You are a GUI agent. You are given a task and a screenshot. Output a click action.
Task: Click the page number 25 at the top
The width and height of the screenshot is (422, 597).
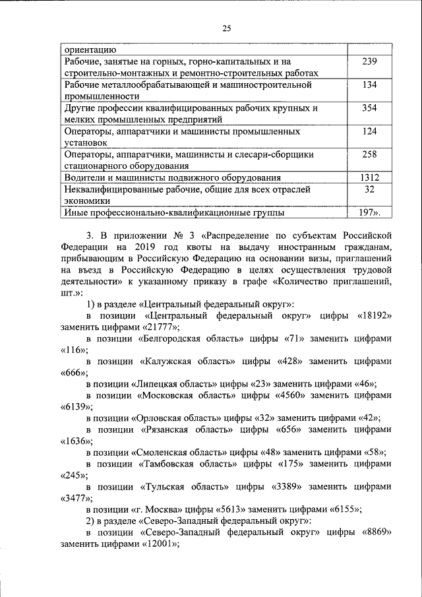(x=226, y=28)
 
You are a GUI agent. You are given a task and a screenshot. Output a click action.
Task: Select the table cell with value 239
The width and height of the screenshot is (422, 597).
(x=370, y=61)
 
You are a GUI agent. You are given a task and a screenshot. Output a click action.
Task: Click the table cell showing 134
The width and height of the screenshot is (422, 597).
(x=370, y=84)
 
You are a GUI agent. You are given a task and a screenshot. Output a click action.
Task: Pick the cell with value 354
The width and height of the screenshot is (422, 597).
(x=370, y=108)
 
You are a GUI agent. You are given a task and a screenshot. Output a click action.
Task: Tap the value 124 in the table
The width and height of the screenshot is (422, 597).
(x=370, y=131)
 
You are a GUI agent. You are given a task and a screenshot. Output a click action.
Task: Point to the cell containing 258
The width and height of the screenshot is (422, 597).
(x=370, y=154)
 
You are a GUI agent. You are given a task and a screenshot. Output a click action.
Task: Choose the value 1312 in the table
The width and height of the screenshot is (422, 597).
(x=370, y=177)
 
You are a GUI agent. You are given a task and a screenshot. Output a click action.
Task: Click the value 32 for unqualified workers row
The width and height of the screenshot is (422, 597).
(x=370, y=189)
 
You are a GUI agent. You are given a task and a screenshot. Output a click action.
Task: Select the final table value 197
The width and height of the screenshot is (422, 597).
(x=369, y=212)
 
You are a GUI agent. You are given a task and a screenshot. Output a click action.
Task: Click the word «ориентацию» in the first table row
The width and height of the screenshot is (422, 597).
(x=91, y=49)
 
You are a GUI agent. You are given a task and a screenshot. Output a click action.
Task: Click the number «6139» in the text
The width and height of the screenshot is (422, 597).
(x=74, y=407)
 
